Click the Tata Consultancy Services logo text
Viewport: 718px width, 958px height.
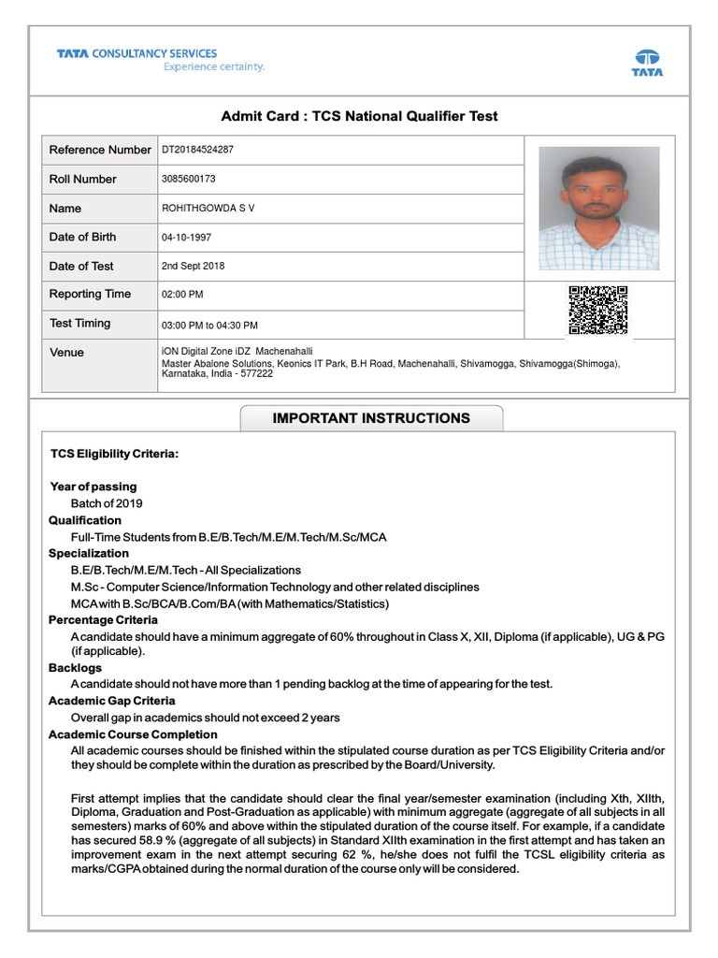pos(136,54)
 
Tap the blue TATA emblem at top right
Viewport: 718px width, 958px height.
pos(647,62)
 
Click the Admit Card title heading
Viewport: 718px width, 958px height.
pos(359,116)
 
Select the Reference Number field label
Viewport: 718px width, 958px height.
pos(99,150)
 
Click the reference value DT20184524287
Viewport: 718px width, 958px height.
pos(198,150)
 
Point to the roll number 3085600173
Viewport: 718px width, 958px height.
pos(189,179)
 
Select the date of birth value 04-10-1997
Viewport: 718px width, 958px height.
pos(188,237)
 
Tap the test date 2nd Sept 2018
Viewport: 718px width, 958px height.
pos(194,266)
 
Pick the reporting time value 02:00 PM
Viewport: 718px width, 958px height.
pos(182,295)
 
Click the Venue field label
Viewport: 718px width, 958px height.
pos(66,353)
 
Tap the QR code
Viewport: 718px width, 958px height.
pos(598,310)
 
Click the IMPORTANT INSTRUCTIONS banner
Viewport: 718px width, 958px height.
pos(371,418)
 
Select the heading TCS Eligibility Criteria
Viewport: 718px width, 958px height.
pos(113,454)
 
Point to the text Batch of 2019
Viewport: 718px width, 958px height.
pos(107,503)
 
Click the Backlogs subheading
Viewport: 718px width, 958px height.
pos(75,668)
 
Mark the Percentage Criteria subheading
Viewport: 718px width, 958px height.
pos(103,619)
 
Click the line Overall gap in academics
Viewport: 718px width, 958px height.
pos(205,718)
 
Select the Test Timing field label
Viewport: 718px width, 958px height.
pos(79,324)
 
